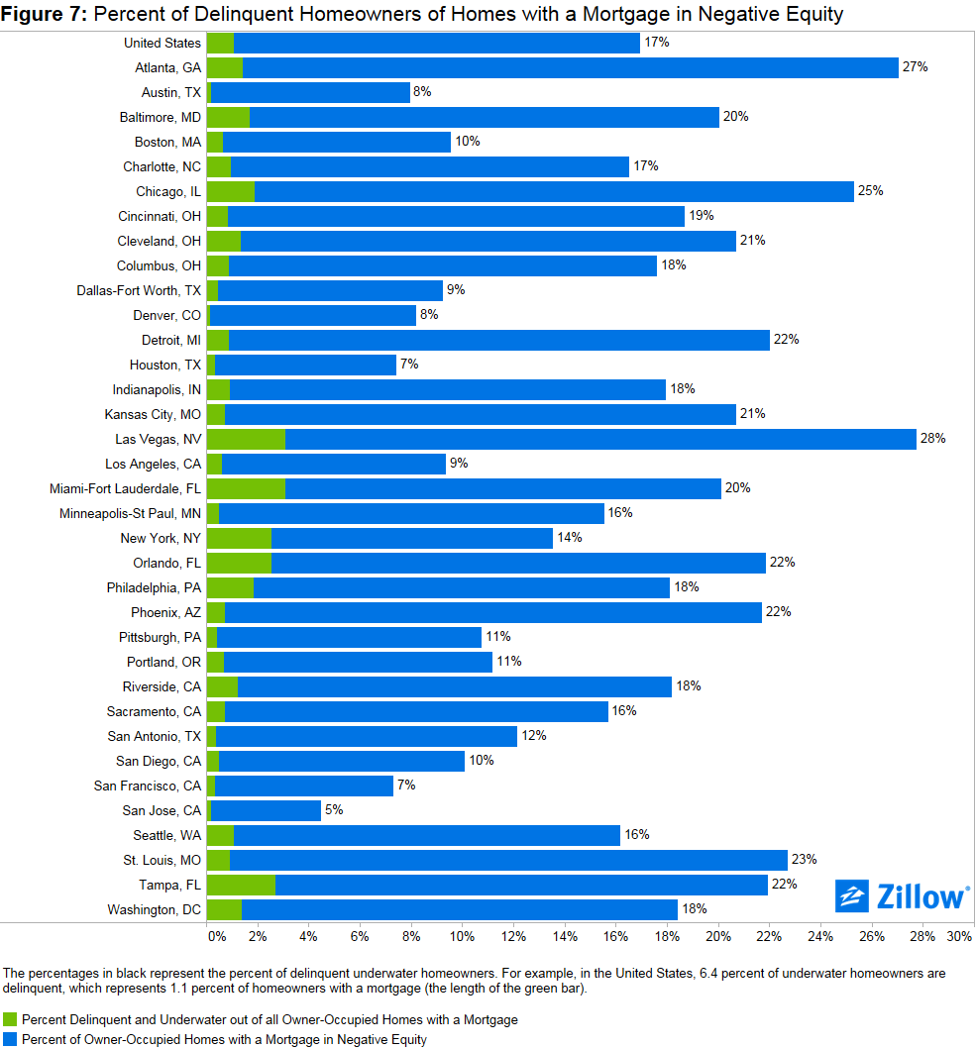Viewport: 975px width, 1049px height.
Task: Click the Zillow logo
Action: pos(902,896)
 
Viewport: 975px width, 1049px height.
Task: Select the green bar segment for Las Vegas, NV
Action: pos(246,439)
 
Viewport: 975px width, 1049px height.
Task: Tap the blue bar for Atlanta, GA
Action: pos(570,67)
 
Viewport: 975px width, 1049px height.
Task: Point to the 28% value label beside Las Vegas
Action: pos(932,439)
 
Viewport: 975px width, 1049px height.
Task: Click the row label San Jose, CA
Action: pos(162,810)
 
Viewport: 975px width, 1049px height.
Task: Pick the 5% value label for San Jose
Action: pos(334,810)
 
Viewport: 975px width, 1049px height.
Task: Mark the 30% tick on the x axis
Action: pos(959,936)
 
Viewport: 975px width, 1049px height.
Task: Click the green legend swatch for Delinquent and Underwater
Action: pos(11,1019)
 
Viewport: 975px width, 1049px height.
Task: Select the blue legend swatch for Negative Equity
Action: pos(11,1039)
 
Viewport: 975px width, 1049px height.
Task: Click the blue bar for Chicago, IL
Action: pos(555,191)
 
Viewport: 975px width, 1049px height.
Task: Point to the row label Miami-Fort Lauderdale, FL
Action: pos(126,488)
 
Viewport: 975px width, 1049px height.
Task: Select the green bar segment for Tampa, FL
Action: pos(241,885)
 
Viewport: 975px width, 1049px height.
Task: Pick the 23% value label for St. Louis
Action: pos(804,860)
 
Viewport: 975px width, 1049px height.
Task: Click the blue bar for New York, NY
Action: pos(411,538)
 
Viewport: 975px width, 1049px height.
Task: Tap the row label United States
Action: pos(162,43)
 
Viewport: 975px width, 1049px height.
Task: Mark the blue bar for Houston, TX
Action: pos(305,365)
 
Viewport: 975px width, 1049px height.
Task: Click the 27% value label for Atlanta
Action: pos(915,67)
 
